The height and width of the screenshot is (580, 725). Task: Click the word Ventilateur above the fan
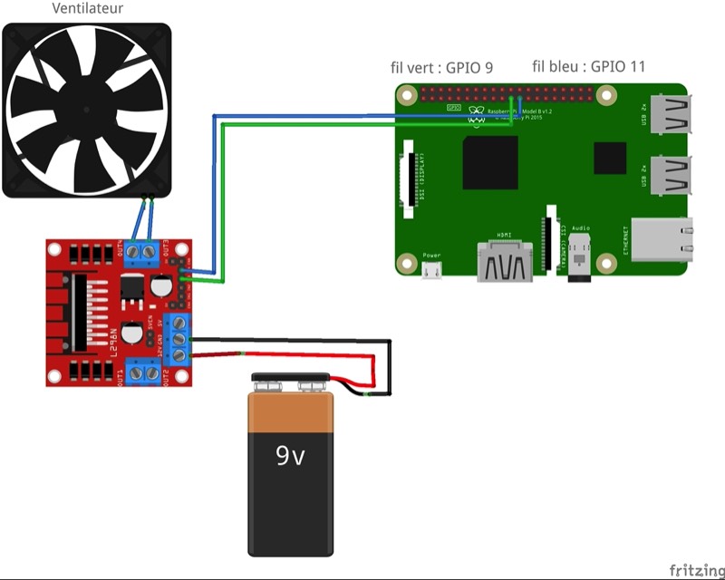(x=88, y=9)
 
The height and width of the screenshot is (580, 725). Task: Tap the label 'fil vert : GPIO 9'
(x=441, y=67)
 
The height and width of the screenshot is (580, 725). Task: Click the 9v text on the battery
(x=291, y=455)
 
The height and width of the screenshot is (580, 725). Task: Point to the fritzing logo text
(x=696, y=569)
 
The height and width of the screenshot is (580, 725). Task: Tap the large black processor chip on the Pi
(x=489, y=162)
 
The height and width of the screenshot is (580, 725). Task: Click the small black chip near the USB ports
(x=610, y=158)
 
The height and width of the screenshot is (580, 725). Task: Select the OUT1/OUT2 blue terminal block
(x=142, y=372)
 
